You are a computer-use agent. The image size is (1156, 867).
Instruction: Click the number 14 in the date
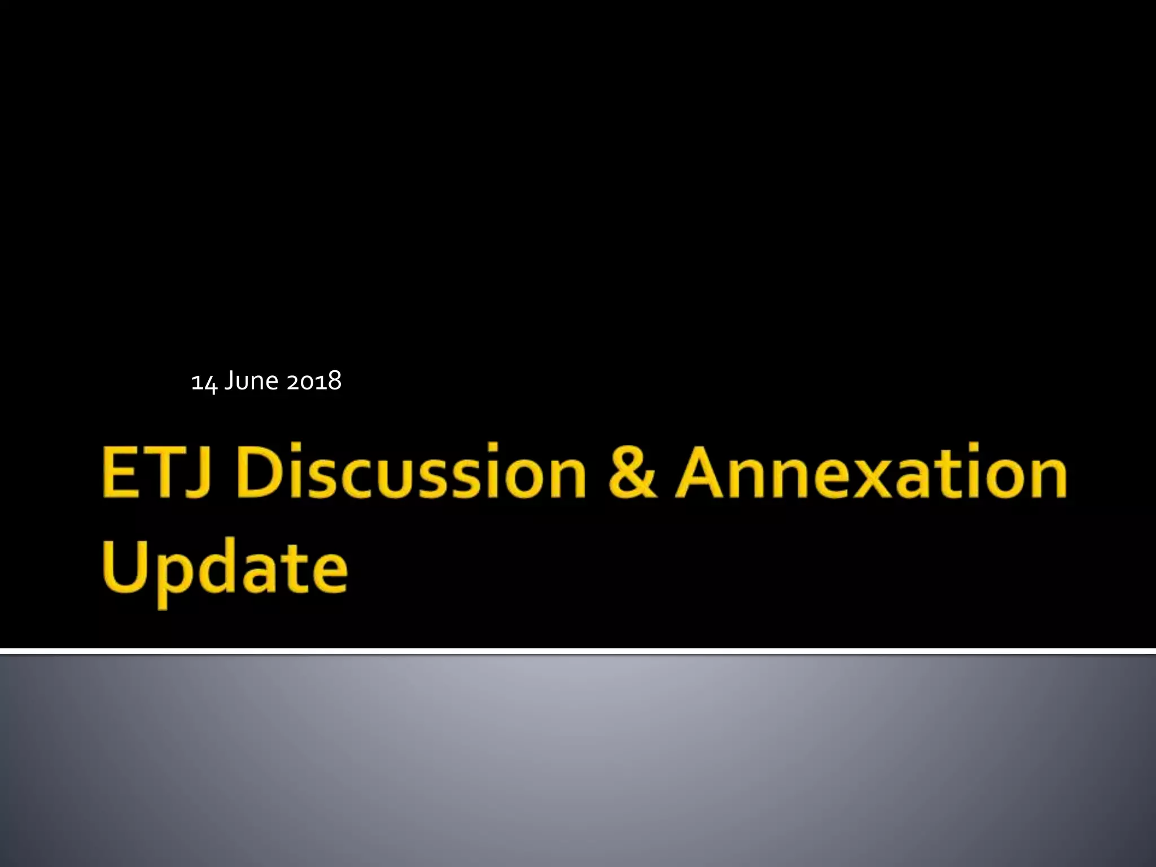pyautogui.click(x=204, y=382)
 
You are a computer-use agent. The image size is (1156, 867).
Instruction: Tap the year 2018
pyautogui.click(x=314, y=381)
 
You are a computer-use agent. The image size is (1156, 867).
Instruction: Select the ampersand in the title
pyautogui.click(x=632, y=472)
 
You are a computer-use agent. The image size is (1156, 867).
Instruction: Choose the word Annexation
pyautogui.click(x=872, y=472)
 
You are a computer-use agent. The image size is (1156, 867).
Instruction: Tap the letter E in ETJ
pyautogui.click(x=120, y=472)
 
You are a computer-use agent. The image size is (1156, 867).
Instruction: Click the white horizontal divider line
pyautogui.click(x=578, y=651)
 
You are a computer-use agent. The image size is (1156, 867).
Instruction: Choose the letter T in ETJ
pyautogui.click(x=167, y=472)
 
